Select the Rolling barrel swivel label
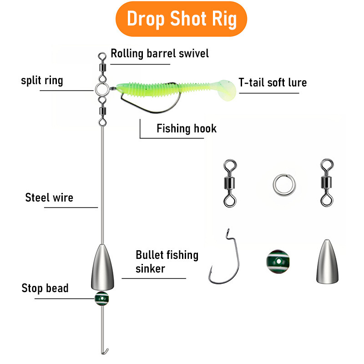(x=160, y=53)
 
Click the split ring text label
(x=42, y=81)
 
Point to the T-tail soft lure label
(x=273, y=82)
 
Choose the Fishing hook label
(x=187, y=128)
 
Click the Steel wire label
(x=49, y=197)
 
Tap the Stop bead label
(x=45, y=288)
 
